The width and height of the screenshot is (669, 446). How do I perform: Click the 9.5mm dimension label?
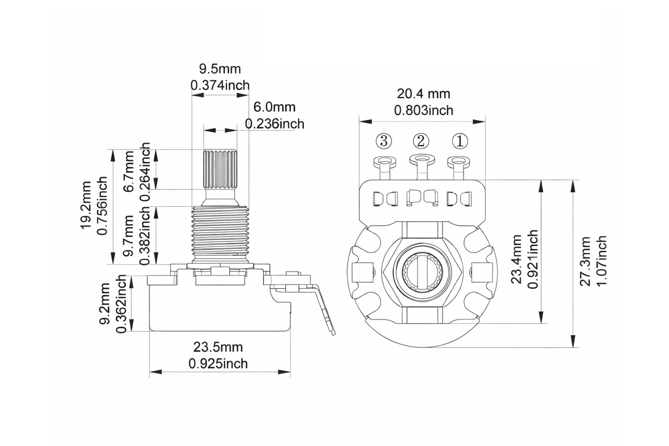(x=220, y=69)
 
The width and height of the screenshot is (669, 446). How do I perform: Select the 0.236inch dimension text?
(x=274, y=123)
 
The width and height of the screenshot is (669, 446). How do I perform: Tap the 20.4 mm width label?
(x=423, y=94)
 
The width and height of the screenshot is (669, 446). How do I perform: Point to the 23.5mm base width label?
(x=218, y=347)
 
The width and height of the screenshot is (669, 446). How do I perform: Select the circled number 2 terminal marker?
(x=421, y=141)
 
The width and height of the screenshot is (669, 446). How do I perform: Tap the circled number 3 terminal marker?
(x=384, y=141)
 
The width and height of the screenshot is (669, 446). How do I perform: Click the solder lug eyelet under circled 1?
(x=459, y=162)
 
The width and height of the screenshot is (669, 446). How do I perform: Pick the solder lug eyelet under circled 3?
(x=384, y=162)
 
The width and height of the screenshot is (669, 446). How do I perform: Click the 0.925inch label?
(x=218, y=363)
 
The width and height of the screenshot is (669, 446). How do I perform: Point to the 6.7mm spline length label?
(x=129, y=169)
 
